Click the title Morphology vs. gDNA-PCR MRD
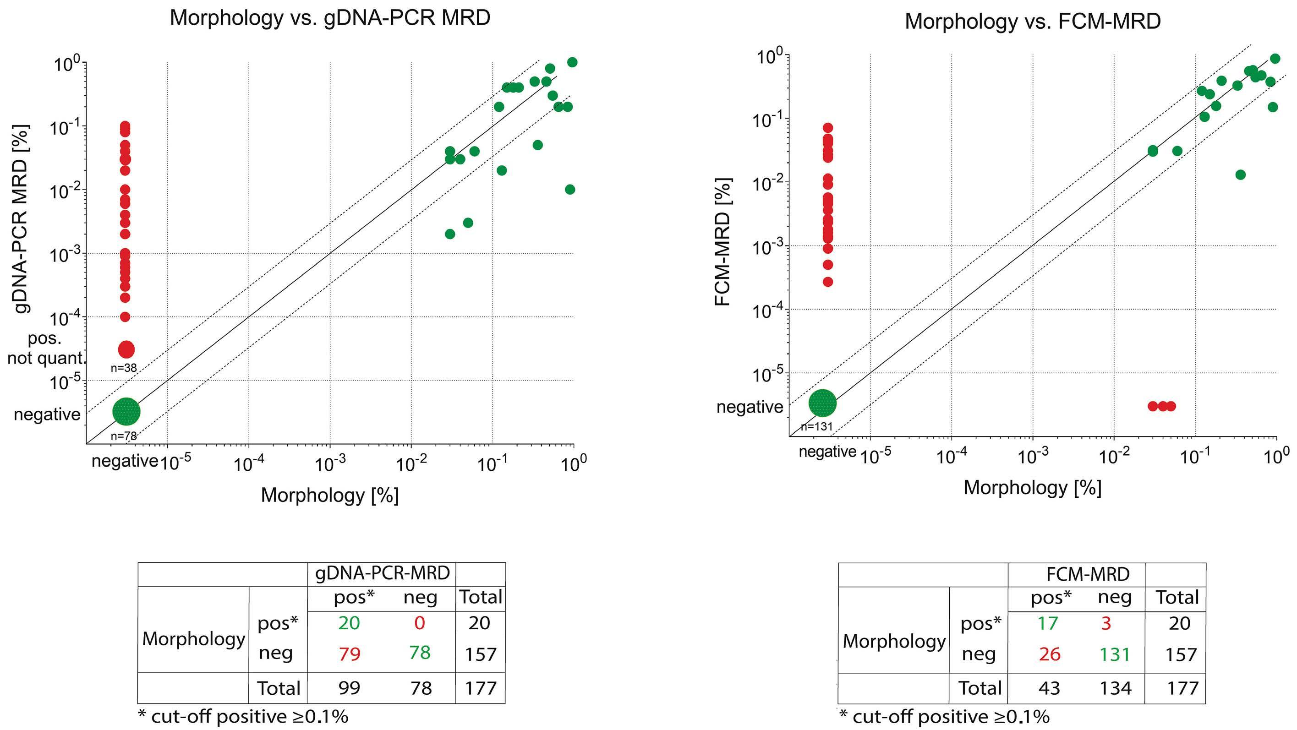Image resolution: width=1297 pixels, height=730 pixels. [x=330, y=18]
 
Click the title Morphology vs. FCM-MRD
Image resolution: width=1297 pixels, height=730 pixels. [x=1033, y=22]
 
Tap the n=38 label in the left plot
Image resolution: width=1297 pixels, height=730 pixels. [x=124, y=368]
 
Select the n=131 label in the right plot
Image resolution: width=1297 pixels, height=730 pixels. [x=817, y=427]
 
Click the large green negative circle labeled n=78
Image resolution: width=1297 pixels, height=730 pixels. [x=126, y=411]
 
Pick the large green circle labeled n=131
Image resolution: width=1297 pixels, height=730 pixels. [x=823, y=403]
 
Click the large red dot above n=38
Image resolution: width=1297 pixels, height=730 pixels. [x=126, y=349]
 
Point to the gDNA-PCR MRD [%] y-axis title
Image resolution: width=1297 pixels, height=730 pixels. [x=21, y=219]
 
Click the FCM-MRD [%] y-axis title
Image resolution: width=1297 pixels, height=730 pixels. [x=723, y=242]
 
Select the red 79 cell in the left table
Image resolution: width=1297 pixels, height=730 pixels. [x=349, y=654]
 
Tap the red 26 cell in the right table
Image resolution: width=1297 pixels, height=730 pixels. [x=1049, y=654]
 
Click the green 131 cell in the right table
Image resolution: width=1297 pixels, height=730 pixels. [x=1115, y=654]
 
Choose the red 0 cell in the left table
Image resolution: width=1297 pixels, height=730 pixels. [x=419, y=623]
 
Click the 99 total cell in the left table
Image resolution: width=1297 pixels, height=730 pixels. [x=349, y=688]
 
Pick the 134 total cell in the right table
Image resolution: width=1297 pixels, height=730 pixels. [x=1115, y=688]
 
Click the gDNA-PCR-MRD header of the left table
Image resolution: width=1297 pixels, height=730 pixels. [x=382, y=573]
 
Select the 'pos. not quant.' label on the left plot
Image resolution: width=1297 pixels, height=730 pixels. [x=45, y=349]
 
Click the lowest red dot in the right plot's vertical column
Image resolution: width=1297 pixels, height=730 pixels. [x=828, y=282]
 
